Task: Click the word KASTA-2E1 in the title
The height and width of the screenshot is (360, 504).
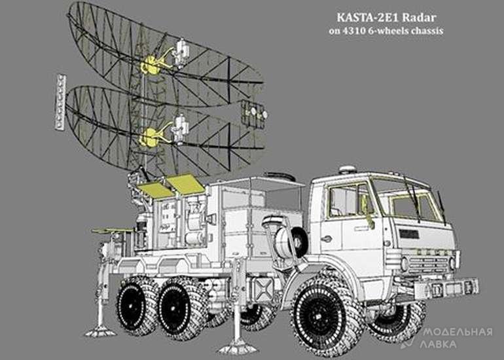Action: coord(368,18)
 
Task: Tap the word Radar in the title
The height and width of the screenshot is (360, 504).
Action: coord(419,18)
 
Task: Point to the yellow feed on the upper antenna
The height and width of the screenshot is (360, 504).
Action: coord(151,65)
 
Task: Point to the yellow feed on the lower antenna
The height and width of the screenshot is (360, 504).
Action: coord(149,137)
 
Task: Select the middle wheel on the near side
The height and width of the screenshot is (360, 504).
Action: coord(181,308)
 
